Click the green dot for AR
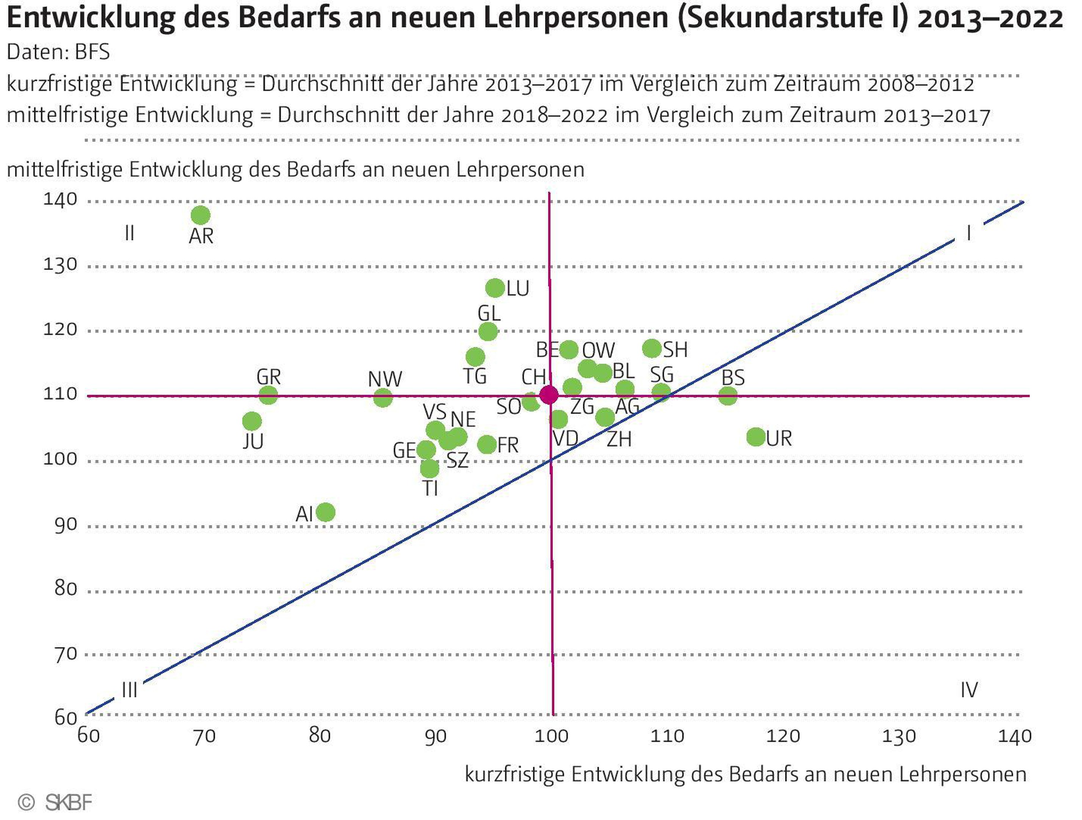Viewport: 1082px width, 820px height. (201, 215)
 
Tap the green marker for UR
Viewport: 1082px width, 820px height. (756, 437)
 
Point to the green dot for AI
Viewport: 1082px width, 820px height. (326, 512)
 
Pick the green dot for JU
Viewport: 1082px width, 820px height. (252, 421)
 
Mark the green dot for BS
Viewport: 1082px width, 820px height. (728, 396)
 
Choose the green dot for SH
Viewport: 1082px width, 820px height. (652, 348)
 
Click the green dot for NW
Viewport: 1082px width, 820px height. (383, 397)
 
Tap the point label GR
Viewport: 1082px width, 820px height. (269, 377)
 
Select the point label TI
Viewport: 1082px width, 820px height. (430, 488)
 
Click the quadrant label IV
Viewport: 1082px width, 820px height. (969, 690)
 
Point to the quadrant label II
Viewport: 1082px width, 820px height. (130, 233)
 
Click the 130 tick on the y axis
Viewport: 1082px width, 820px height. (60, 265)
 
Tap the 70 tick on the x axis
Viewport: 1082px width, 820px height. (204, 736)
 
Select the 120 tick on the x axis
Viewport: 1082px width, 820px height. (783, 736)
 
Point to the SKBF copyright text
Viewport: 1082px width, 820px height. (68, 803)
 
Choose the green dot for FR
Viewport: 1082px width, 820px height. (487, 445)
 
